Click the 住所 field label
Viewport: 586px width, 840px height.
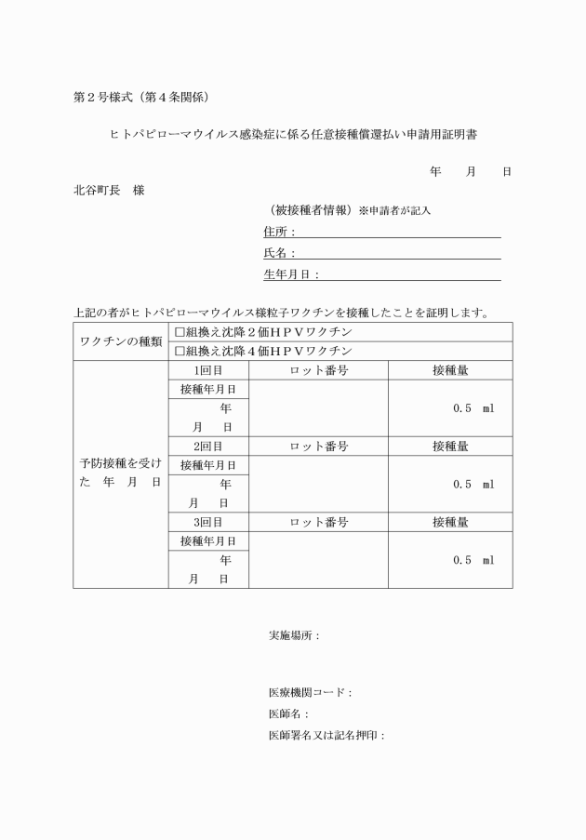pyautogui.click(x=278, y=232)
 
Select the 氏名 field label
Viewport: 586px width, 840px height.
pyautogui.click(x=278, y=253)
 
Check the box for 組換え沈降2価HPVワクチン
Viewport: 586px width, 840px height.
pyautogui.click(x=180, y=332)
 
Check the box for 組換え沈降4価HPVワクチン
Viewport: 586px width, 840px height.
pyautogui.click(x=180, y=352)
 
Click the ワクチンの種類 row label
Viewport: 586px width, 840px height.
pyautogui.click(x=120, y=341)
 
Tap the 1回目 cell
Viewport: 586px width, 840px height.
pyautogui.click(x=208, y=370)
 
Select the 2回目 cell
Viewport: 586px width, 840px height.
pyautogui.click(x=208, y=447)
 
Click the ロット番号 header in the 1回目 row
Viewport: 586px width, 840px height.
pyautogui.click(x=318, y=370)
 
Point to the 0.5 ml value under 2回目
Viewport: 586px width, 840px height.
pyautogui.click(x=473, y=484)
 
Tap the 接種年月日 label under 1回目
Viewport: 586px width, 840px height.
pyautogui.click(x=208, y=390)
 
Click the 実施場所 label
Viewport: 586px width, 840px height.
pyautogui.click(x=294, y=636)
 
